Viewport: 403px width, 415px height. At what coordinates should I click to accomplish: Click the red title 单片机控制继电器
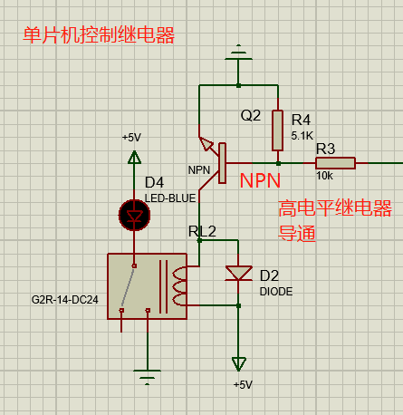(x=99, y=35)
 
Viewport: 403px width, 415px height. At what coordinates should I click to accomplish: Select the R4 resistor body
(x=277, y=130)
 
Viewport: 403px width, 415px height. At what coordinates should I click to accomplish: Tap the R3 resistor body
(x=335, y=163)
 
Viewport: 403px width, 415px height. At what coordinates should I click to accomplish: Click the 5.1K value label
(x=302, y=136)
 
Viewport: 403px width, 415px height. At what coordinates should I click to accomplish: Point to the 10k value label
(x=324, y=176)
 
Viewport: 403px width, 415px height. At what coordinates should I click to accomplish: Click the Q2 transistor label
(x=251, y=115)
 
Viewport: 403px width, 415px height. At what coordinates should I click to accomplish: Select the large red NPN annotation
(x=260, y=180)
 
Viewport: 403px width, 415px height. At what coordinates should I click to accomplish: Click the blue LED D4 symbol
(x=134, y=215)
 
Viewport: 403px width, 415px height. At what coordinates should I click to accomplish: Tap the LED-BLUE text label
(x=170, y=198)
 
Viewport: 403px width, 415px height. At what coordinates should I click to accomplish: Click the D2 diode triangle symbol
(x=238, y=274)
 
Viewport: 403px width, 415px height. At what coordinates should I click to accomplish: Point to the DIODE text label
(x=276, y=292)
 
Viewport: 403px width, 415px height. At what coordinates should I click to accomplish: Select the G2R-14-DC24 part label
(x=65, y=300)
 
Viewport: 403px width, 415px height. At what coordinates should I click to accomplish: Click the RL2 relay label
(x=202, y=231)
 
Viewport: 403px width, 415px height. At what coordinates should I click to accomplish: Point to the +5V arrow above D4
(x=134, y=158)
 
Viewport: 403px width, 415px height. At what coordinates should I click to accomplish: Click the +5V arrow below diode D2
(x=238, y=364)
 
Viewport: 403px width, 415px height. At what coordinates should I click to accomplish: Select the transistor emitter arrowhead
(x=206, y=143)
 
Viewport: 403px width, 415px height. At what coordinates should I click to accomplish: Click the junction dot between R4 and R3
(x=278, y=163)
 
